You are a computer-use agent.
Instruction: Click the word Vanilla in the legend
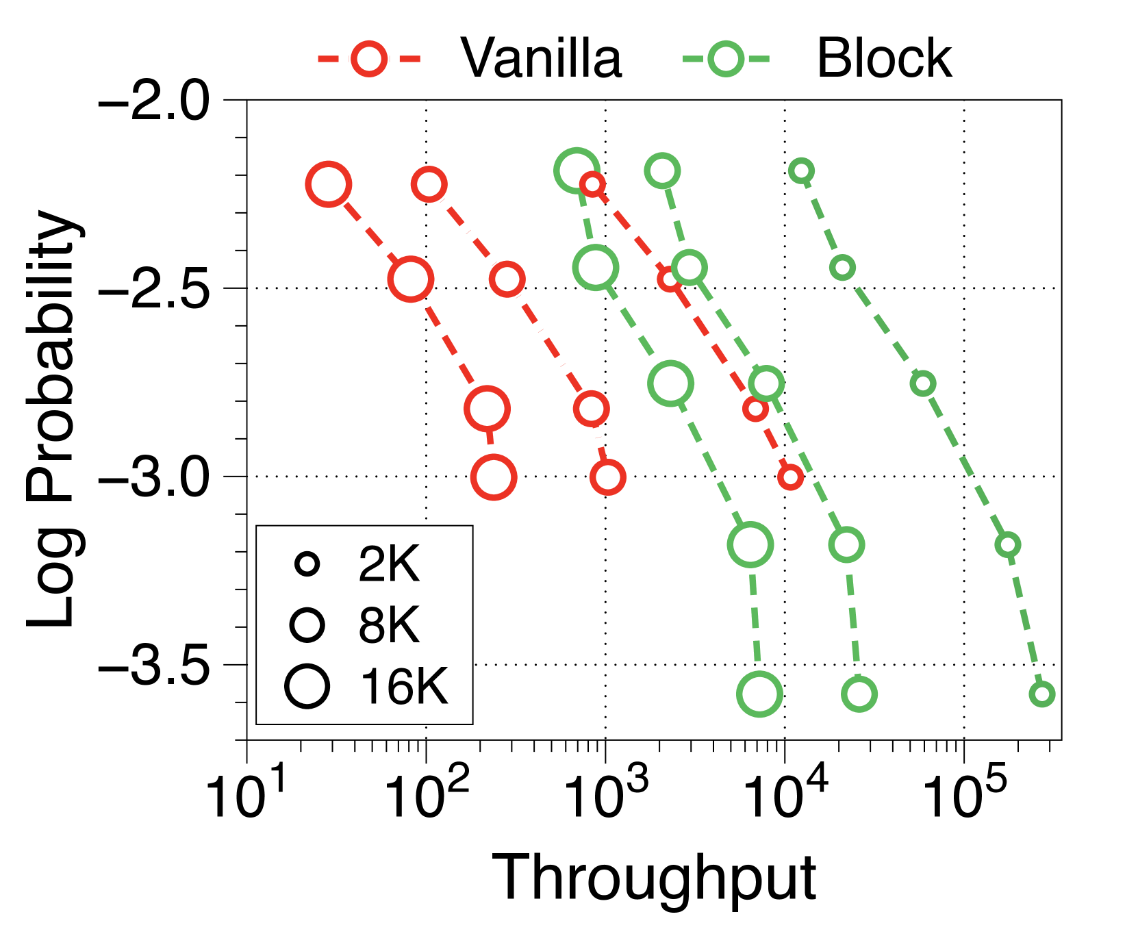click(x=541, y=59)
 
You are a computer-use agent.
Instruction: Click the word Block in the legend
click(x=884, y=59)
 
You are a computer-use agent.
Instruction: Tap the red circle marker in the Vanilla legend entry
click(x=369, y=59)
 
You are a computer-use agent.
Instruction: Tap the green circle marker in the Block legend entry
click(x=726, y=59)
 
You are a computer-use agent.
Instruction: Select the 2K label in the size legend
click(x=388, y=565)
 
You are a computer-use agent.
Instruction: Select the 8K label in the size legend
click(x=388, y=625)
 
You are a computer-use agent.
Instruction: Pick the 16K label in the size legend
click(x=404, y=686)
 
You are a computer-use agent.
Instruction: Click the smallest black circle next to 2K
click(x=307, y=564)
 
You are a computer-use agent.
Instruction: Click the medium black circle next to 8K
click(x=307, y=624)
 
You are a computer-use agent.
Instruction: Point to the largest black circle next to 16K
click(x=307, y=686)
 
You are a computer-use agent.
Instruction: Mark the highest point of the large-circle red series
click(x=329, y=184)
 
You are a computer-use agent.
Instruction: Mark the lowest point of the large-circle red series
click(x=494, y=477)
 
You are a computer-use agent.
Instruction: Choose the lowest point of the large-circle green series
click(x=759, y=694)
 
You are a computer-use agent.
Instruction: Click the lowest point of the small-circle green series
click(x=1042, y=694)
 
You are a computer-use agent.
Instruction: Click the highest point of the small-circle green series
click(x=801, y=170)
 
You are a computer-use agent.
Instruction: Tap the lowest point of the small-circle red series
click(x=790, y=477)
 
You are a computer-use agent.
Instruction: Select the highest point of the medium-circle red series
click(x=429, y=184)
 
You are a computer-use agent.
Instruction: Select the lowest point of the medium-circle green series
click(x=859, y=694)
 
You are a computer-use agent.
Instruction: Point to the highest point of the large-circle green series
click(x=576, y=169)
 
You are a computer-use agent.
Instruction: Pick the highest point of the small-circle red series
click(x=592, y=184)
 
